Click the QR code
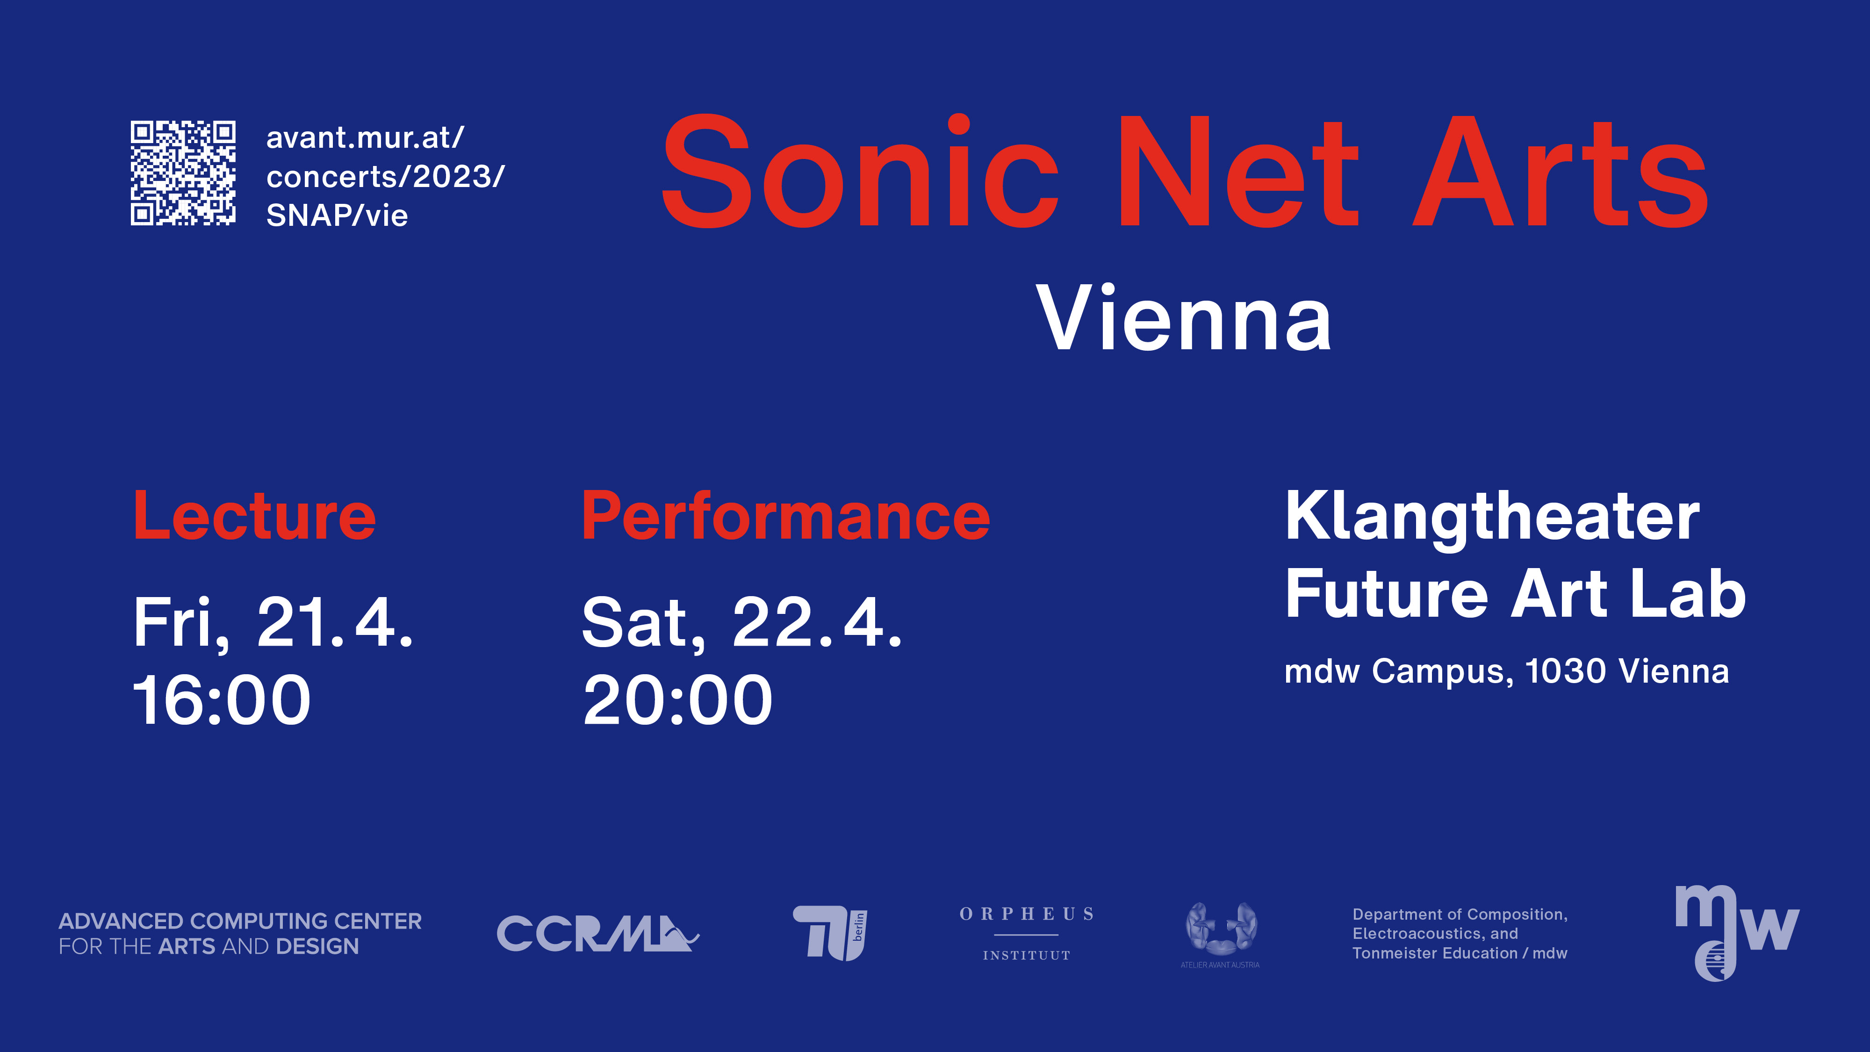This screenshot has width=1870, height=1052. point(183,173)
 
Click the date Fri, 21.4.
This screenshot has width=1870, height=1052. point(273,623)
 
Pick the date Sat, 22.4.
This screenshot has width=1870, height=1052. point(743,623)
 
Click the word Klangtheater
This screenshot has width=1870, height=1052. point(1493,518)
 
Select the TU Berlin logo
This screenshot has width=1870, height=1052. point(830,933)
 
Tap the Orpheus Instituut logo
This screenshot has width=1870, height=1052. point(1027,934)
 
